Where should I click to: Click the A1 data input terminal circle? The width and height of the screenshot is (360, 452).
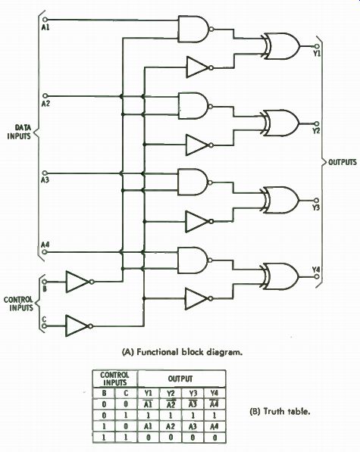tap(45, 20)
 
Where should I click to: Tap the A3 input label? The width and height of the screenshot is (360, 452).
tap(45, 180)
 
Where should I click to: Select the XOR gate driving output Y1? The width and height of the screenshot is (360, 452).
tap(280, 46)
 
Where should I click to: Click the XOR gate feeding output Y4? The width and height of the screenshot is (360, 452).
tap(280, 276)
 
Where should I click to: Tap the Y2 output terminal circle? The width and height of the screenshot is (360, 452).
tap(317, 123)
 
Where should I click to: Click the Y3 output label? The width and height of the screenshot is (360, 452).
tap(316, 207)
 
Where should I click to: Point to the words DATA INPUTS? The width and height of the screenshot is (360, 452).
tap(20, 132)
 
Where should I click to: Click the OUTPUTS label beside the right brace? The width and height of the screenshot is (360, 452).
tap(343, 162)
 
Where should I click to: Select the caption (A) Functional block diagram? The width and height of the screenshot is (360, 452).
tap(183, 352)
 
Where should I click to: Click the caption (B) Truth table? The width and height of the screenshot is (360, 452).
tap(280, 411)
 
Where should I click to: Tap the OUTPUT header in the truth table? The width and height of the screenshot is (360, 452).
tap(180, 379)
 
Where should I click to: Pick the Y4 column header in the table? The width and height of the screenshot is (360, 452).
tap(214, 393)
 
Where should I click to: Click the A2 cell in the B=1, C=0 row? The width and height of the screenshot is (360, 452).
tap(171, 426)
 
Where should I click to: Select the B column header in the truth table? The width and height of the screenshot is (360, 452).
tap(104, 393)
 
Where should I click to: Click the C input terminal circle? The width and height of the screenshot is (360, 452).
tap(44, 326)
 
